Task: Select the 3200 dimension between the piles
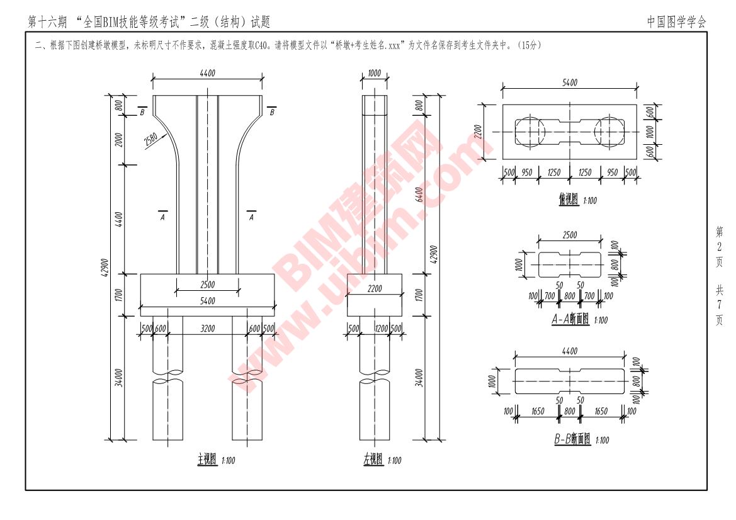pyautogui.click(x=208, y=328)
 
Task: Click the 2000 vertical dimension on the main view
pyautogui.click(x=119, y=141)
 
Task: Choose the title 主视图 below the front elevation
pyautogui.click(x=207, y=460)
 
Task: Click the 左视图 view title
pyautogui.click(x=373, y=460)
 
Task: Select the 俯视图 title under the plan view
pyautogui.click(x=567, y=200)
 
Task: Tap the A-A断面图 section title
pyautogui.click(x=570, y=319)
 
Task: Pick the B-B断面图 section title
pyautogui.click(x=572, y=439)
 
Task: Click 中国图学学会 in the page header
pyautogui.click(x=677, y=22)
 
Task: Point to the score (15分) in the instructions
pyautogui.click(x=528, y=45)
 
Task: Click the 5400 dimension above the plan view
pyautogui.click(x=569, y=83)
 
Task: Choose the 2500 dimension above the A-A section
pyautogui.click(x=570, y=235)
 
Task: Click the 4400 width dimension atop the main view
pyautogui.click(x=207, y=73)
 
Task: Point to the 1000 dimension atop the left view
pyautogui.click(x=374, y=73)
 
